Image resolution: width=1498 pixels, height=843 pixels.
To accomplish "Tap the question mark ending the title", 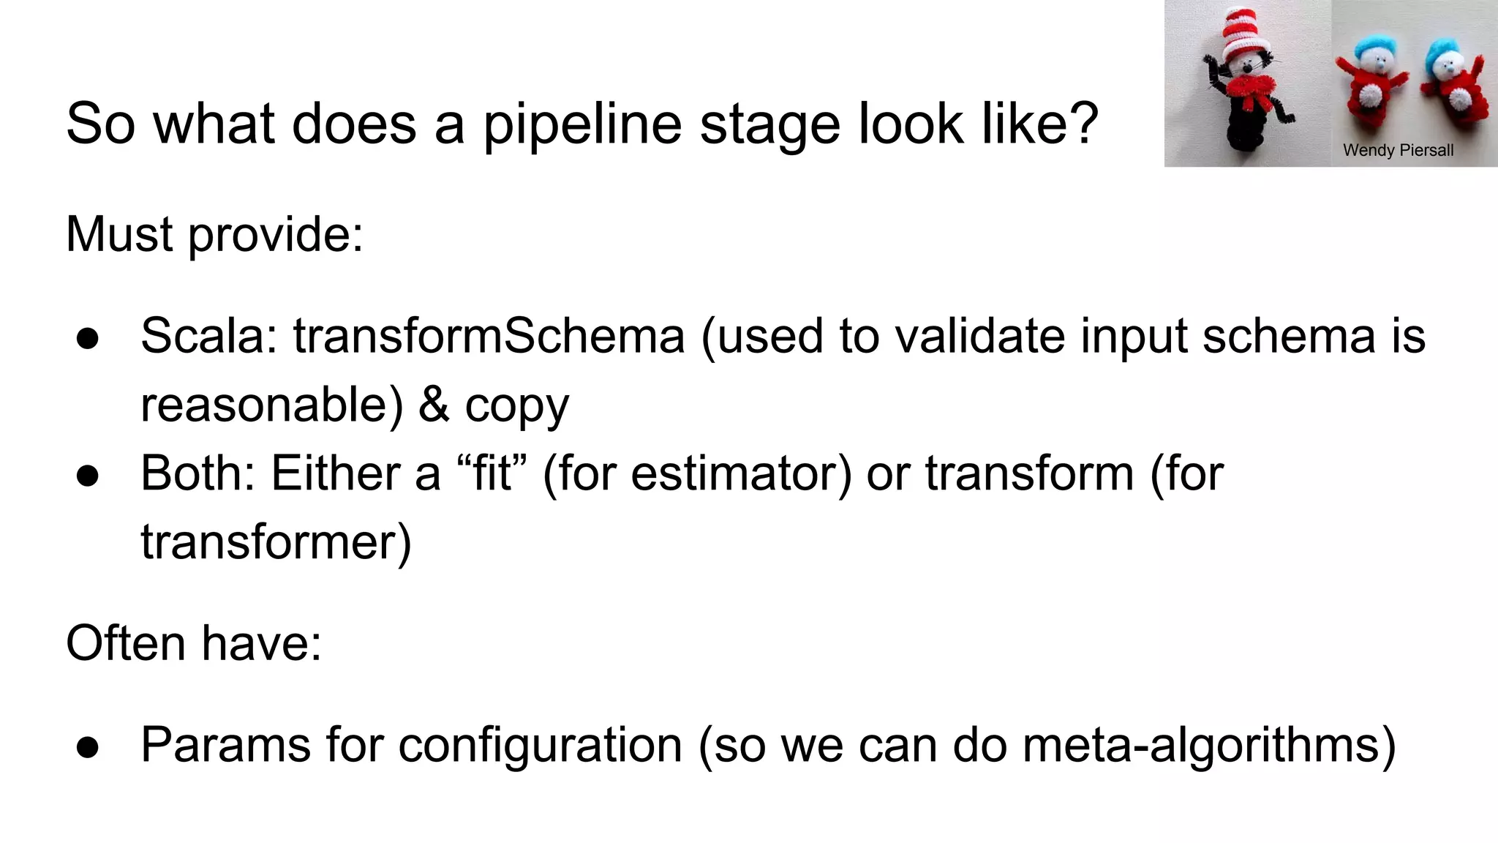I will (x=1079, y=123).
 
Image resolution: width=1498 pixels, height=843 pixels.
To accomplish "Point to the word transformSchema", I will (x=489, y=337).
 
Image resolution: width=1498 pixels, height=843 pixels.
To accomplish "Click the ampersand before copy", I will (x=434, y=405).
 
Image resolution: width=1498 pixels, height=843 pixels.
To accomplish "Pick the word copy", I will (x=516, y=406).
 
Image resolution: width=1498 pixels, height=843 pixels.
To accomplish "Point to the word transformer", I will (x=276, y=542).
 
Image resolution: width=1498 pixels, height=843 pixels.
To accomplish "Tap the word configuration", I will (x=540, y=746).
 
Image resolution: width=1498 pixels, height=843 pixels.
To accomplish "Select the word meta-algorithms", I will (x=1209, y=746).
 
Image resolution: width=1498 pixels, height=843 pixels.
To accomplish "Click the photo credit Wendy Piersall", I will (x=1398, y=151).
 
